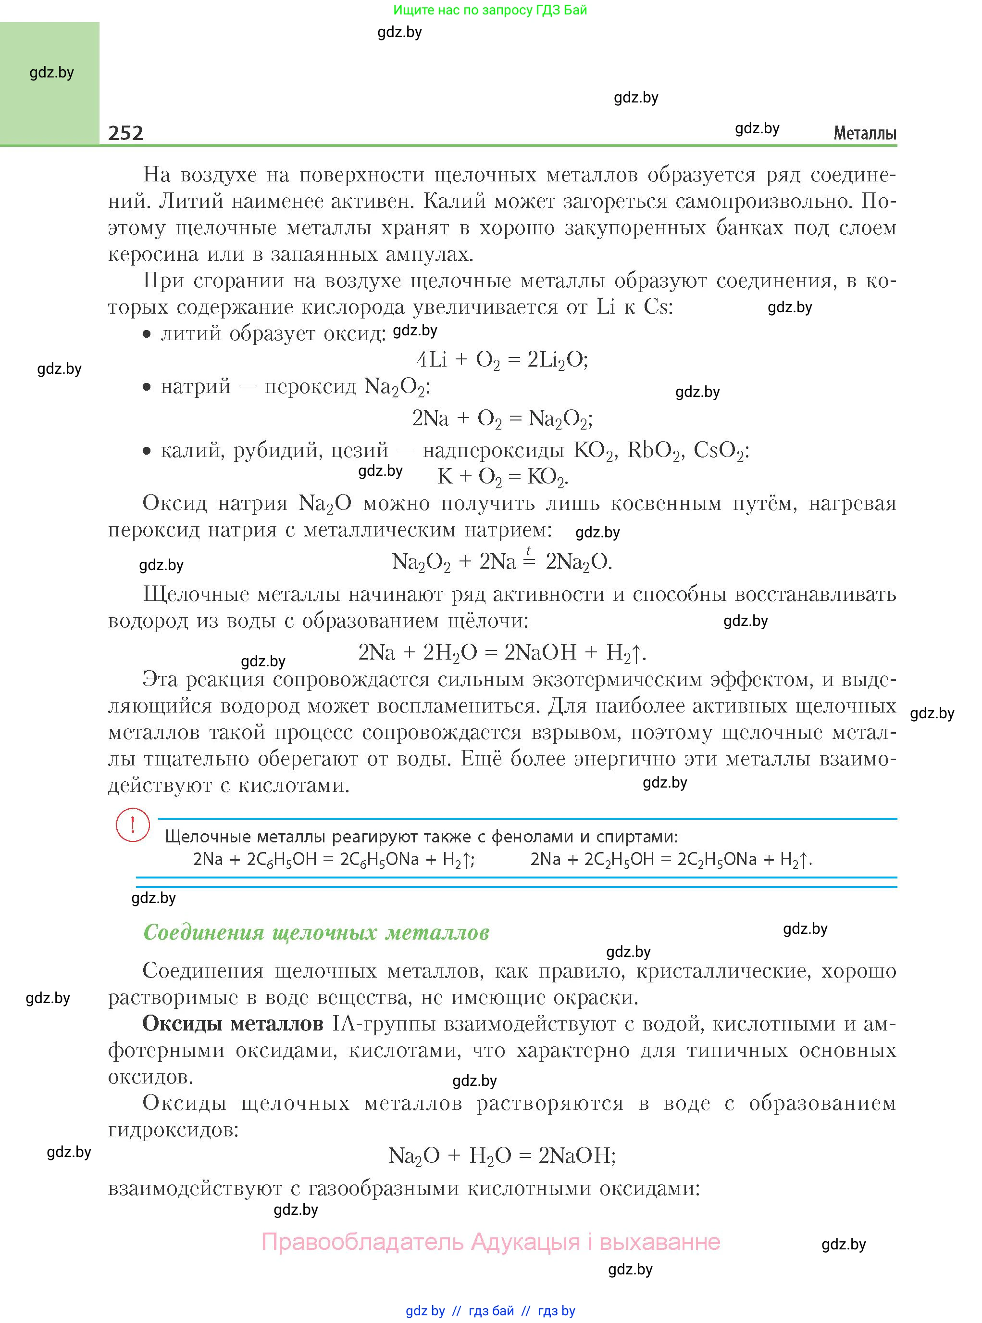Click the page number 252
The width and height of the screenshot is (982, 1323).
pyautogui.click(x=125, y=133)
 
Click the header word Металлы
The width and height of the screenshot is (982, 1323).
pyautogui.click(x=864, y=133)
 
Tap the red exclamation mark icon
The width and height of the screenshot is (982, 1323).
pyautogui.click(x=133, y=825)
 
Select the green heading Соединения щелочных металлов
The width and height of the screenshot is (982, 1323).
pyautogui.click(x=316, y=932)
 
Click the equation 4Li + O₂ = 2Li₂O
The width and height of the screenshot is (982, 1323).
pyautogui.click(x=502, y=360)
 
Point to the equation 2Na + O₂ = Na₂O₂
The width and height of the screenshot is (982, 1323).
pyautogui.click(x=502, y=419)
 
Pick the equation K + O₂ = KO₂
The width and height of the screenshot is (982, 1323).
pyautogui.click(x=502, y=476)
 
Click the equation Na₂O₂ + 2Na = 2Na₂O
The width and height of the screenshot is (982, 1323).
pyautogui.click(x=502, y=561)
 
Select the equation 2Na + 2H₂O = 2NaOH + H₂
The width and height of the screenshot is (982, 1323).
pyautogui.click(x=502, y=652)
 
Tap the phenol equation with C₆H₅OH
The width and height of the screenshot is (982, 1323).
pyautogui.click(x=334, y=859)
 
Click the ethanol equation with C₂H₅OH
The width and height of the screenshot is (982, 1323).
pyautogui.click(x=671, y=859)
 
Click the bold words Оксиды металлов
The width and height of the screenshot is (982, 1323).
pyautogui.click(x=233, y=1023)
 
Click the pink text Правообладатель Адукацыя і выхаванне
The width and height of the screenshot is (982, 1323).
pyautogui.click(x=490, y=1242)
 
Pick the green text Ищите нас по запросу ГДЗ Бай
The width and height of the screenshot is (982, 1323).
pyautogui.click(x=490, y=10)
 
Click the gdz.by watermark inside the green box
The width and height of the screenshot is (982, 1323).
pyautogui.click(x=52, y=73)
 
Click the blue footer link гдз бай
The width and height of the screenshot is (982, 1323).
pyautogui.click(x=491, y=1310)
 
